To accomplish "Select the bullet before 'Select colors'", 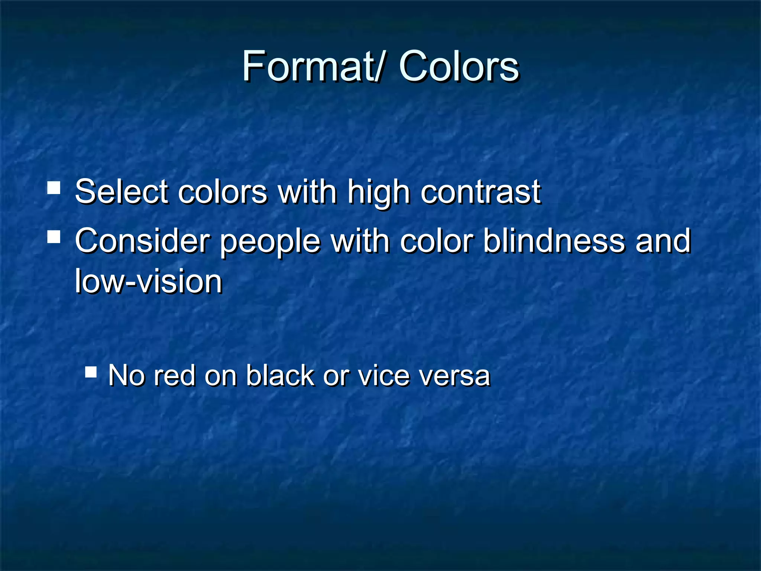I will pyautogui.click(x=54, y=188).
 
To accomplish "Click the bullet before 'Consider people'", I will pyautogui.click(x=54, y=237).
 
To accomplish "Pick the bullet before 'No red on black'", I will pyautogui.click(x=91, y=371).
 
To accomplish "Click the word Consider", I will pyautogui.click(x=142, y=241).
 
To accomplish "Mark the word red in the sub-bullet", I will pyautogui.click(x=174, y=375).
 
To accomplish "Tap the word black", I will pyautogui.click(x=280, y=375).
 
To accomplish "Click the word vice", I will pyautogui.click(x=383, y=375).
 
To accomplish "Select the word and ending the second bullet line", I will pyautogui.click(x=663, y=241).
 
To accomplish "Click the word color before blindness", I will pyautogui.click(x=436, y=241).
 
